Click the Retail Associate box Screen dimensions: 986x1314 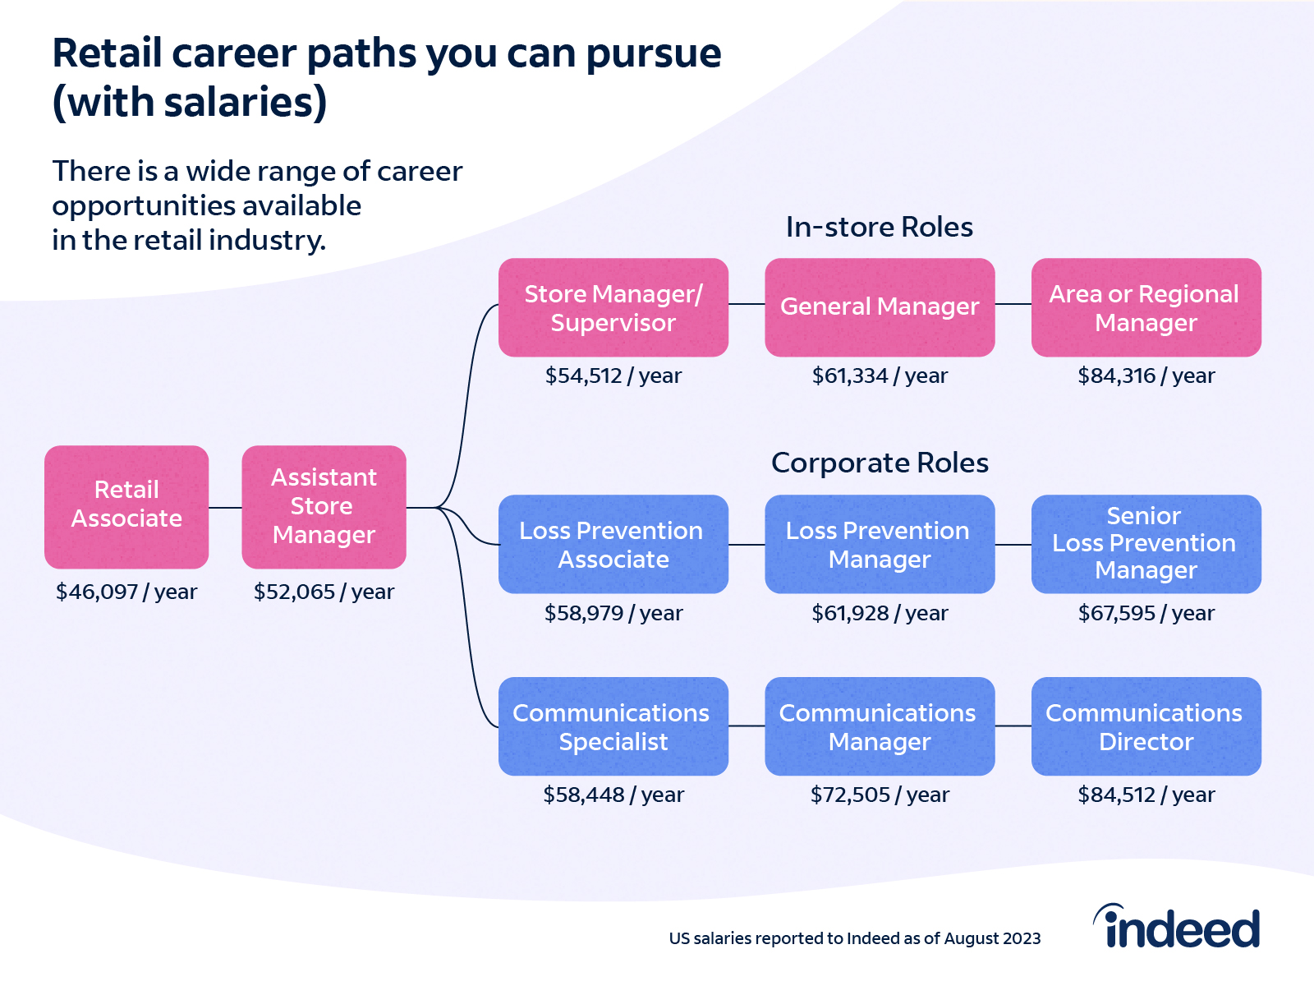(126, 506)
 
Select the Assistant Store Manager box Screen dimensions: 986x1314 (324, 506)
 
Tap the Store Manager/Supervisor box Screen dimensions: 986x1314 (613, 307)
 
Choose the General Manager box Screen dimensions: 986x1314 (880, 307)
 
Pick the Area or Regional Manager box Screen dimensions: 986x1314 (1146, 307)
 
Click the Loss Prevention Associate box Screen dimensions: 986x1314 (613, 544)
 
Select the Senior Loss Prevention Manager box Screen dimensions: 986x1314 (1146, 544)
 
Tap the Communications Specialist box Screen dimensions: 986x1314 (613, 726)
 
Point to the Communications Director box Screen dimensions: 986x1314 (1146, 726)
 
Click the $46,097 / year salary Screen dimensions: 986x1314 (126, 592)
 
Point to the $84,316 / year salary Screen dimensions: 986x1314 (1146, 376)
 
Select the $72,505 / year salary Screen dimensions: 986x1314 (880, 795)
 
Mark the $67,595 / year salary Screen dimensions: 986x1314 (1146, 613)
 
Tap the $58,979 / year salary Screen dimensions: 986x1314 (613, 613)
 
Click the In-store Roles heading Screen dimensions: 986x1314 (880, 227)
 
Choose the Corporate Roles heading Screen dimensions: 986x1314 (880, 463)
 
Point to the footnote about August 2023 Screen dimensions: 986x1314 (855, 938)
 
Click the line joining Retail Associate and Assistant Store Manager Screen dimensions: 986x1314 (225, 507)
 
